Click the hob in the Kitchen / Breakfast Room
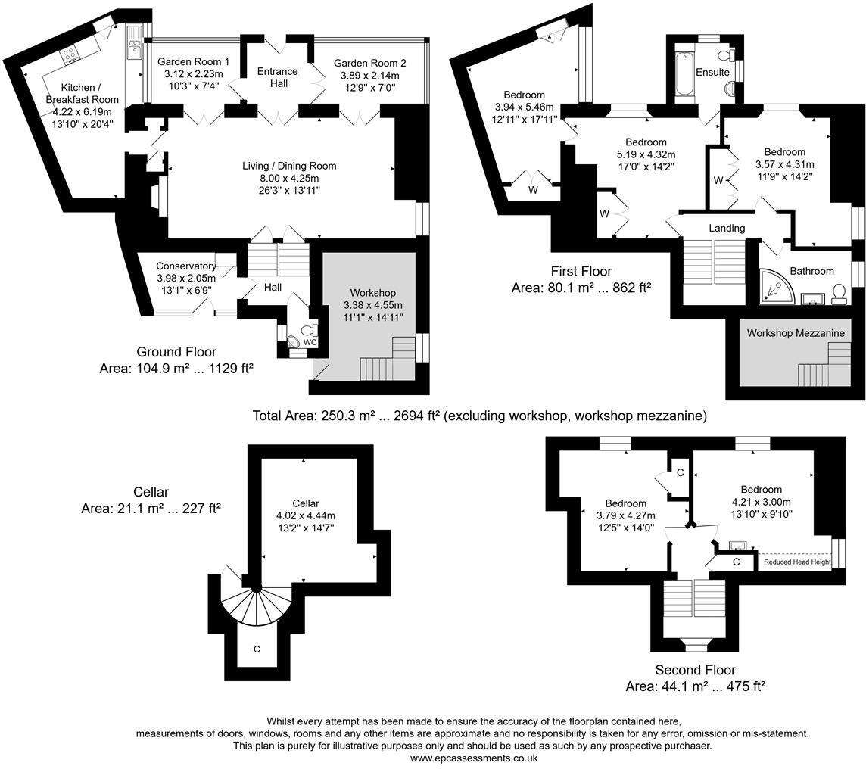coord(70,54)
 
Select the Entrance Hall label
coord(278,77)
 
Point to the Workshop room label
coord(372,293)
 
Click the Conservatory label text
coord(185,266)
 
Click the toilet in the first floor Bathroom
coord(839,294)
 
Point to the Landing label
coord(727,228)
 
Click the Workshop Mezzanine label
coord(796,333)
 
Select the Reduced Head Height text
coord(796,562)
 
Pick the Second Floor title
coord(695,670)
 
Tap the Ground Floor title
coord(176,352)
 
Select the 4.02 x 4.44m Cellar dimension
coord(306,515)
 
